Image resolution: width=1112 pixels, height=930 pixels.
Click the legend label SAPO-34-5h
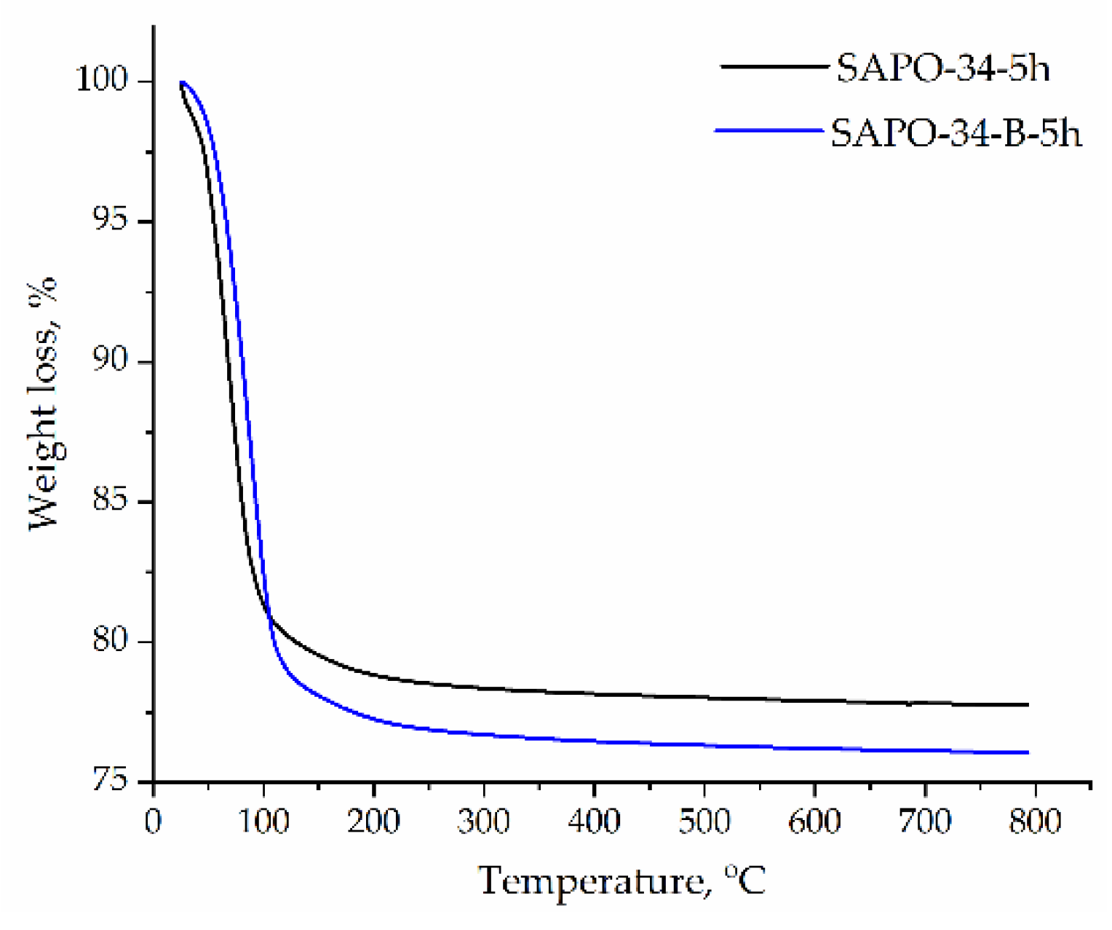click(942, 69)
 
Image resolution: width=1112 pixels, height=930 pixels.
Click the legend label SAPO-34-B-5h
click(956, 133)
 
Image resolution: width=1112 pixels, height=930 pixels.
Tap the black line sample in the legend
click(774, 66)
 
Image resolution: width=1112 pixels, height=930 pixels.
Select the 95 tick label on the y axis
click(114, 221)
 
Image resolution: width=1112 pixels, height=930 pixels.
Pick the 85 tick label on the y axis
click(114, 502)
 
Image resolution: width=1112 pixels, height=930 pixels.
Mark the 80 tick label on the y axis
click(114, 642)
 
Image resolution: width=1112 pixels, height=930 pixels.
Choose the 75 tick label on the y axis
click(114, 781)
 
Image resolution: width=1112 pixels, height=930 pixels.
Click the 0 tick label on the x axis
click(154, 821)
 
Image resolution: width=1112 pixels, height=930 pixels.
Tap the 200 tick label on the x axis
click(373, 821)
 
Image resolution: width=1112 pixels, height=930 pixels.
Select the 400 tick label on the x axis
click(594, 821)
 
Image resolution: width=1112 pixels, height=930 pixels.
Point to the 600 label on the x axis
click(814, 821)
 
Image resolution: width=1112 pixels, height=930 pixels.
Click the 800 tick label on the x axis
click(1034, 821)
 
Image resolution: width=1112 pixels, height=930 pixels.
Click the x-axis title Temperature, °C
click(622, 881)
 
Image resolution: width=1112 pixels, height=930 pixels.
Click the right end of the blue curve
click(1028, 752)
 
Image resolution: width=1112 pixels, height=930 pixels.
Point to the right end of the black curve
click(1028, 704)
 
